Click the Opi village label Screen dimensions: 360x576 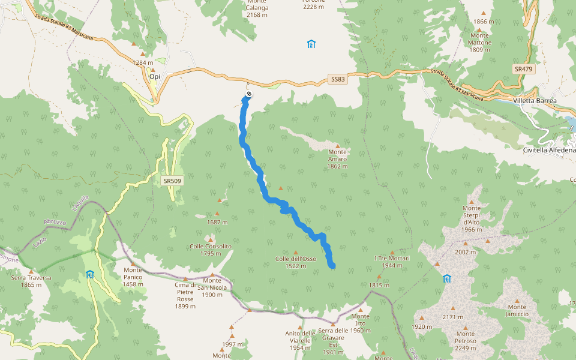(154, 77)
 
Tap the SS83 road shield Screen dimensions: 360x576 (338, 79)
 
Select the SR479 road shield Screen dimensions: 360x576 (523, 70)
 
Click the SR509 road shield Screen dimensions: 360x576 (172, 180)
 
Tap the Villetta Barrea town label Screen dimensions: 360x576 (535, 101)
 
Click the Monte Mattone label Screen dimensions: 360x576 (480, 43)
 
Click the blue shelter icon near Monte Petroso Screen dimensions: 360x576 (446, 278)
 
